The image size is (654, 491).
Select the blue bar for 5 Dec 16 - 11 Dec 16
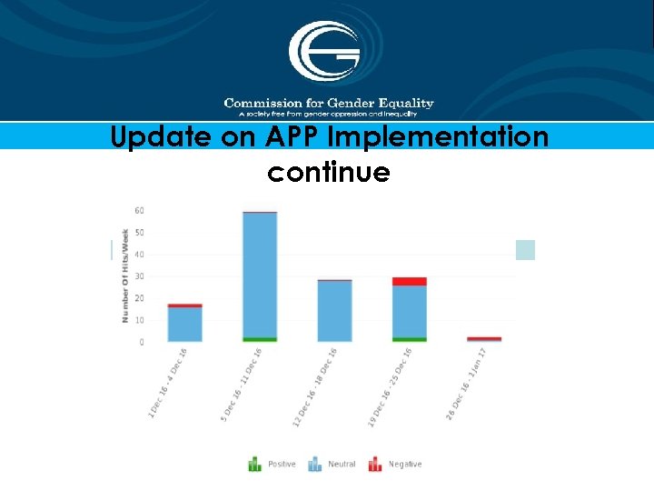260,273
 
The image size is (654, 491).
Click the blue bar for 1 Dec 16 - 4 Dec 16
185,324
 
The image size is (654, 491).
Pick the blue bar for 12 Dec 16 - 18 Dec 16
334,311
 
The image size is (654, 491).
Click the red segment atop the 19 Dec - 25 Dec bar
410,282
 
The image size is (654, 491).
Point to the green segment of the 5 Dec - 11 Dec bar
260,339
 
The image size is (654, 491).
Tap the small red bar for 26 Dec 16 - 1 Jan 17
484,339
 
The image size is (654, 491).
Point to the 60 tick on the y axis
139,211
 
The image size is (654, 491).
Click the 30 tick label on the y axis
139,276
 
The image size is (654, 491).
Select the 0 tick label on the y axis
141,343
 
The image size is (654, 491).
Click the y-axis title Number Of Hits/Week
124,276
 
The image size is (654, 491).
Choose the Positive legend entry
272,465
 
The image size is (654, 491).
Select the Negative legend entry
395,465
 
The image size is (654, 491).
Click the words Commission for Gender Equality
329,104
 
